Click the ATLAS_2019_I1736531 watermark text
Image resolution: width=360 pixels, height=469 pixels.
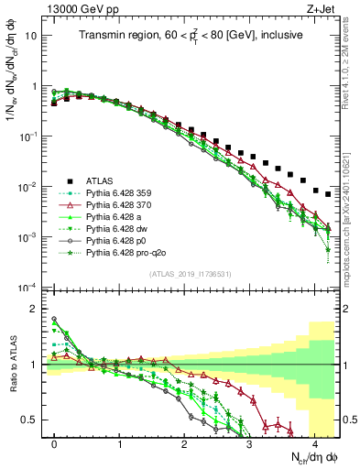(x=184, y=274)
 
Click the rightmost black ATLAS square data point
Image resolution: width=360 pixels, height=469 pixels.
(x=328, y=195)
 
